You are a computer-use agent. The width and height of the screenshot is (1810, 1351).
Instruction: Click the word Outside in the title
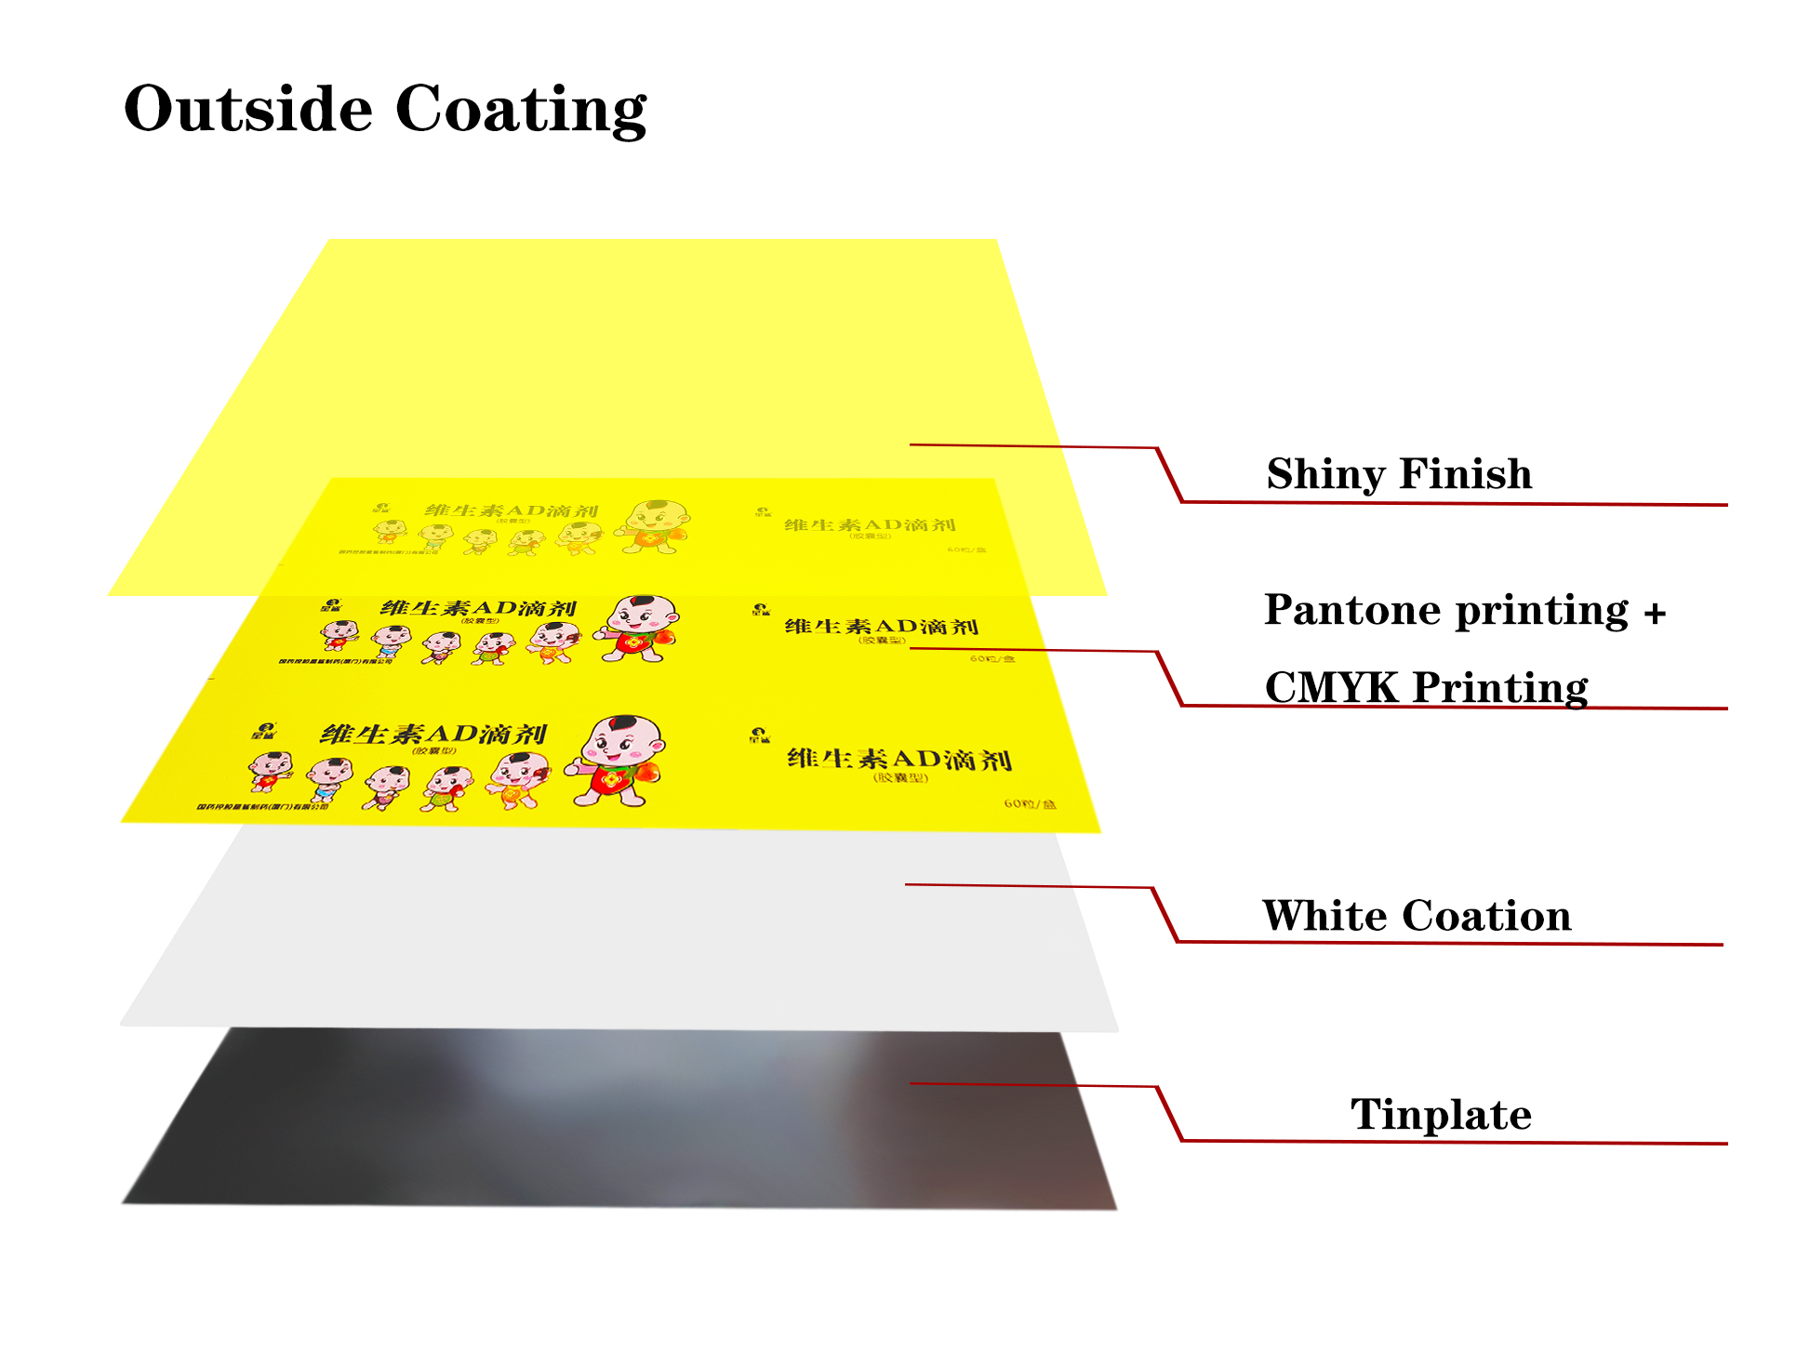click(x=248, y=109)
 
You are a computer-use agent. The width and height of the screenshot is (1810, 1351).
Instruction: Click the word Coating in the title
click(x=520, y=111)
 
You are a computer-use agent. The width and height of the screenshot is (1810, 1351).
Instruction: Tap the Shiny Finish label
click(x=1398, y=474)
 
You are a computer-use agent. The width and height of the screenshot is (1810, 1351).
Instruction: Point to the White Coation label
click(x=1416, y=916)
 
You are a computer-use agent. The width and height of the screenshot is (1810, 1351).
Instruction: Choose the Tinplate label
click(x=1440, y=1114)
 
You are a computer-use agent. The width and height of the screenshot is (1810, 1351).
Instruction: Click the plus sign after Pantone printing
click(x=1654, y=613)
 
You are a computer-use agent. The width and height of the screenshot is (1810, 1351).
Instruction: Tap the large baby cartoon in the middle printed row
click(x=638, y=629)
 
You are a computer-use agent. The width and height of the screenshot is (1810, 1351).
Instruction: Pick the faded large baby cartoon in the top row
click(x=656, y=526)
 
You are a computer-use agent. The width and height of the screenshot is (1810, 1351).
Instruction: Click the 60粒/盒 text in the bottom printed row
click(x=1030, y=803)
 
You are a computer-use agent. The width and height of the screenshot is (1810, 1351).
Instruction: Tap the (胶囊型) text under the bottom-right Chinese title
click(x=900, y=777)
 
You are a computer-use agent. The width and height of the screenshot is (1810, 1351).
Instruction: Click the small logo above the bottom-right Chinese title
click(x=760, y=735)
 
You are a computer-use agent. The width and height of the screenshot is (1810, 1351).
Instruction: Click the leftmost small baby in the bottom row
click(x=271, y=771)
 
